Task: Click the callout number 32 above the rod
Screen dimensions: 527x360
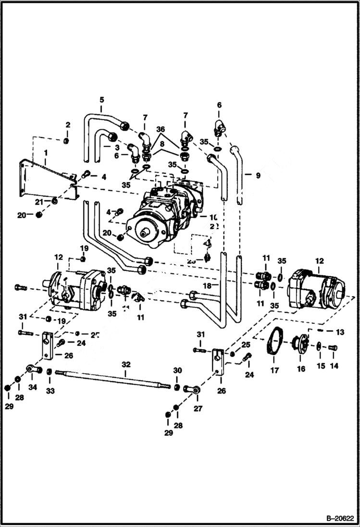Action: [125, 365]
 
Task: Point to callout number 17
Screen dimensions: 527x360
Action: [275, 370]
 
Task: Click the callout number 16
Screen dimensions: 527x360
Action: [301, 368]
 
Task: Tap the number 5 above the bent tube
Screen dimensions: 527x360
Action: [101, 99]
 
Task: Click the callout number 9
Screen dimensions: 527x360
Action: [258, 176]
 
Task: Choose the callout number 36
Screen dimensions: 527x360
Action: [160, 129]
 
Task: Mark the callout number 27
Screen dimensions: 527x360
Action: [198, 408]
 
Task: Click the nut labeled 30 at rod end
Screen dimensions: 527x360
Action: [176, 387]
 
